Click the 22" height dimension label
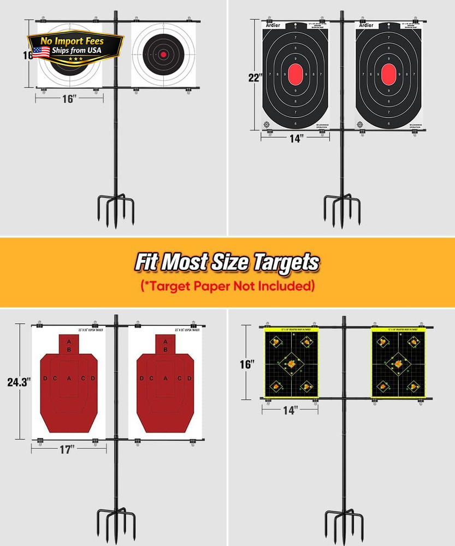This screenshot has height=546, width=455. coord(253,78)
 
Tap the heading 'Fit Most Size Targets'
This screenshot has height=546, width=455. coord(227,263)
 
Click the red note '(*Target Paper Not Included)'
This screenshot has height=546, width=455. coord(227,286)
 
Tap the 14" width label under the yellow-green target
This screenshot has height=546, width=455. coord(290,410)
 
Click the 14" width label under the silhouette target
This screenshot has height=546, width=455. coord(296,139)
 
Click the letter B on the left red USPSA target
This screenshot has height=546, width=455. coord(69,349)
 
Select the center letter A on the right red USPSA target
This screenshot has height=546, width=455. coord(165,378)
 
